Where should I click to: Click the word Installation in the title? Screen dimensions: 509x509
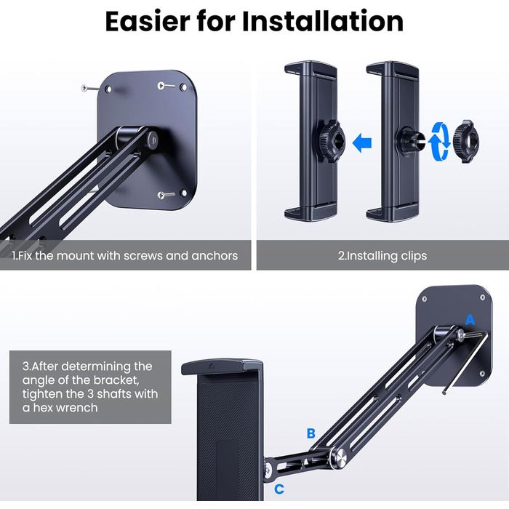coord(323,21)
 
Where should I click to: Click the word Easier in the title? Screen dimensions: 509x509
coord(148,21)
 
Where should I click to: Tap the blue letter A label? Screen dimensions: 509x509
coord(470,320)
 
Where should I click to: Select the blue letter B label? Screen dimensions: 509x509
coord(311,433)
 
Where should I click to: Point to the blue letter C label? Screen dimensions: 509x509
coord(279,489)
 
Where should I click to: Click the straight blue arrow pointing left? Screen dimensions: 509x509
coord(361,143)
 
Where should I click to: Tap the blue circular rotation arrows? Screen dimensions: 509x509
coord(438,142)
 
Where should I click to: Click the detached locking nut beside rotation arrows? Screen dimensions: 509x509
coord(466,141)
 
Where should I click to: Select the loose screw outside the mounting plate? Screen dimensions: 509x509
coord(89,88)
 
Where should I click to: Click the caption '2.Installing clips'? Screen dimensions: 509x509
coord(382,255)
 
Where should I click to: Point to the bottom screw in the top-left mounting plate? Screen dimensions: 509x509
coord(166,195)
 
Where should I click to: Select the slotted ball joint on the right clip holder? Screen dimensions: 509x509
coord(412,142)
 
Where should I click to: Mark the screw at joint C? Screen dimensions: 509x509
coord(268,468)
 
